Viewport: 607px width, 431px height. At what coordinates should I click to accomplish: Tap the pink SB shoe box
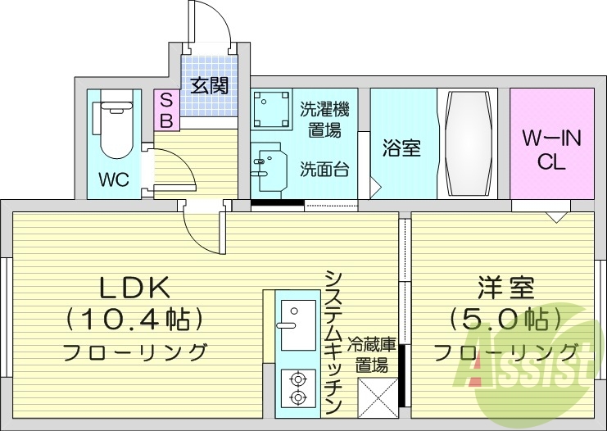(165, 110)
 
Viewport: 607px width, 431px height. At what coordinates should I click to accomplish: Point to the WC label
(114, 179)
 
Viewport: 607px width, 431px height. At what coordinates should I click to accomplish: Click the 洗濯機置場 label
(324, 118)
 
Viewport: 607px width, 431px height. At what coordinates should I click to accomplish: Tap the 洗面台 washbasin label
(324, 170)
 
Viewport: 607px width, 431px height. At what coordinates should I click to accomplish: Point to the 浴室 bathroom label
(401, 148)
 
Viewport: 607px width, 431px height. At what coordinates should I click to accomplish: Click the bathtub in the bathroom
(469, 142)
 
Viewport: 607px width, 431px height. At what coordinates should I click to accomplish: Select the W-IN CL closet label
(552, 150)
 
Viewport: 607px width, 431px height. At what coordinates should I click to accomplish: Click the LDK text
(135, 288)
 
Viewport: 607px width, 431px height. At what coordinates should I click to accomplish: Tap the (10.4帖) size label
(134, 318)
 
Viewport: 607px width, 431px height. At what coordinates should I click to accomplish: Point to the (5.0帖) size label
(505, 318)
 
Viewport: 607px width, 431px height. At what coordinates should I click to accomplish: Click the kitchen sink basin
(297, 315)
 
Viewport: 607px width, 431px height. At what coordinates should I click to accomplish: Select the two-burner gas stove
(297, 388)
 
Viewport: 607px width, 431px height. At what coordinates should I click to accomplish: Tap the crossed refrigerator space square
(378, 397)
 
